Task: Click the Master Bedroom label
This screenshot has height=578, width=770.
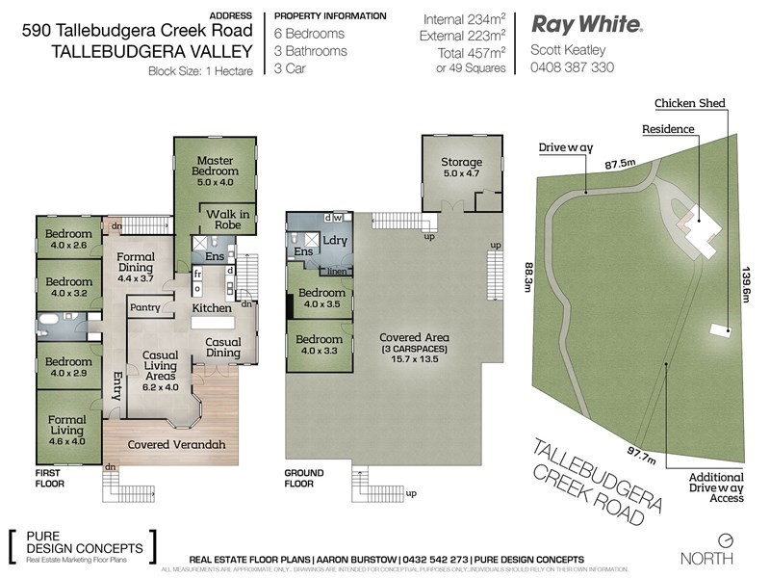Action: coord(217,161)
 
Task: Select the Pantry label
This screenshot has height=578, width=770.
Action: coord(144,307)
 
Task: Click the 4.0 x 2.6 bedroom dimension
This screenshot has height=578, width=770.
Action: coord(66,245)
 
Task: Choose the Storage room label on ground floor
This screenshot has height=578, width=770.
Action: coord(461,162)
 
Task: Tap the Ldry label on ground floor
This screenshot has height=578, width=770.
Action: coord(335,240)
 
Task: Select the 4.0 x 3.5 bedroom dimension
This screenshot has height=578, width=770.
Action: coord(320,304)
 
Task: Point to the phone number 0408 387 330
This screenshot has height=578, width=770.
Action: coord(572,67)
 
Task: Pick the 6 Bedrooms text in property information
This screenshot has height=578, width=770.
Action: coord(310,33)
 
